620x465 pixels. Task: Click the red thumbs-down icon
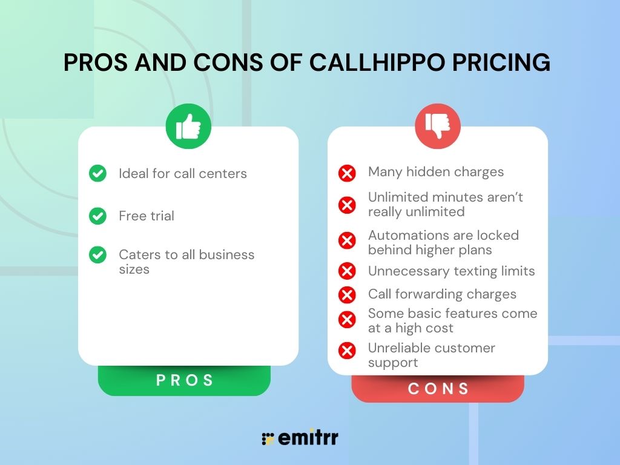pos(437,126)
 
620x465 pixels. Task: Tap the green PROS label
pos(185,380)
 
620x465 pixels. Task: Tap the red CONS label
pos(438,388)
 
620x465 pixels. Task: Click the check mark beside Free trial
pos(97,216)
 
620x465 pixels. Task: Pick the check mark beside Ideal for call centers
pos(97,174)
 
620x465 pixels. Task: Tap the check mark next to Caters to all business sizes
pos(97,255)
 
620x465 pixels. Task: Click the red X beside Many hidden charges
pos(347,174)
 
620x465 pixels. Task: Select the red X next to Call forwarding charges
pos(347,295)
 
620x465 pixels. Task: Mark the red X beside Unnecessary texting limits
pos(347,271)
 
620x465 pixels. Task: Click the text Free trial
pos(147,216)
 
